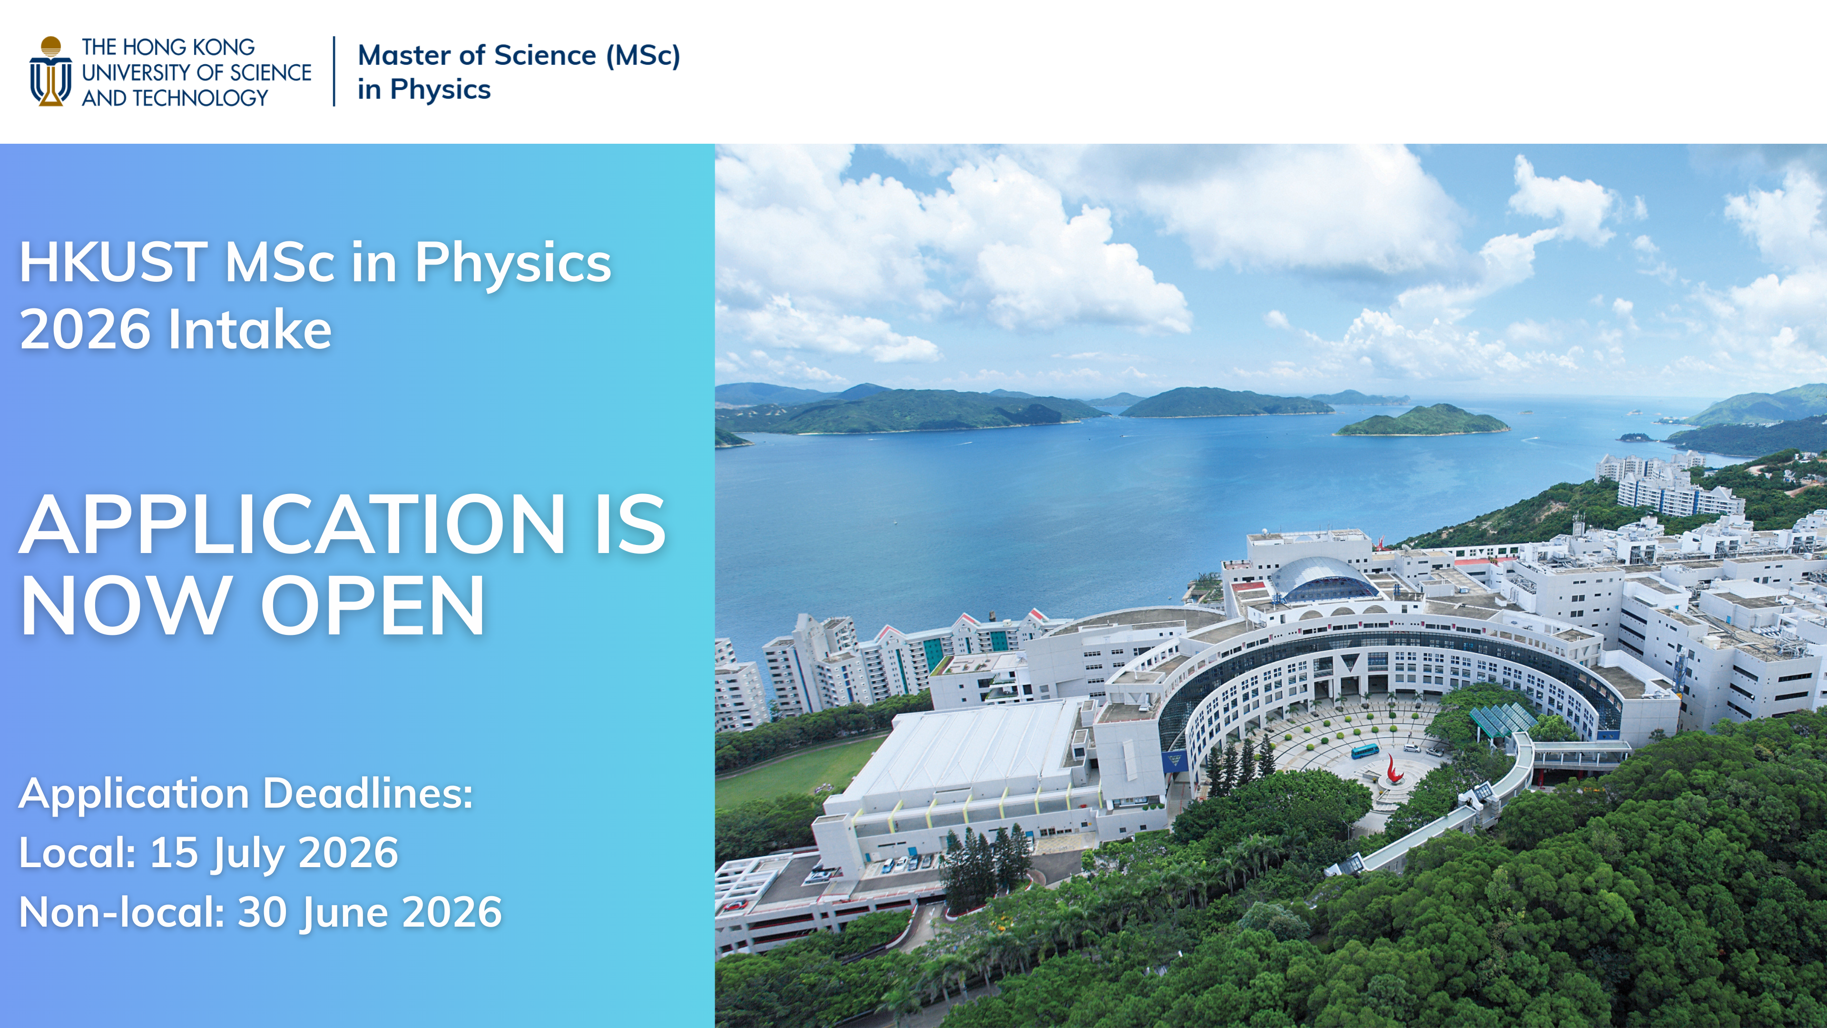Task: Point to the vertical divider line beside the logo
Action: click(334, 72)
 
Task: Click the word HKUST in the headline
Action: click(114, 263)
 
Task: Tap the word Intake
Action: click(250, 329)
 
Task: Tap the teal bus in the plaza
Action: click(1365, 751)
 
